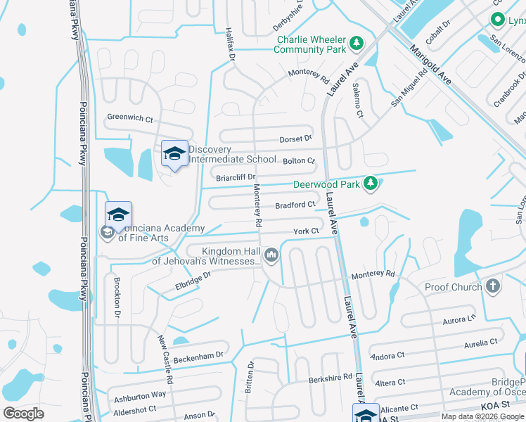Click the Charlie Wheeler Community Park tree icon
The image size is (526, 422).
pos(357,44)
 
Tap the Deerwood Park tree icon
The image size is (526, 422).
pos(371,185)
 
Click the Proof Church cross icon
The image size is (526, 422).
pos(493,286)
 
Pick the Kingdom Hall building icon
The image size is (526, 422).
pos(271,255)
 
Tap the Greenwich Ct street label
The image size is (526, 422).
pos(129,118)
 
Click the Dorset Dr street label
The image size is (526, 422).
pos(295,139)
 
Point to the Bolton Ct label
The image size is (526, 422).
pos(300,161)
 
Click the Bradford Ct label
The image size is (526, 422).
pos(294,205)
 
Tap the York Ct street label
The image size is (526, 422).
pos(307,231)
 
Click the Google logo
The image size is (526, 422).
pos(23,414)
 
